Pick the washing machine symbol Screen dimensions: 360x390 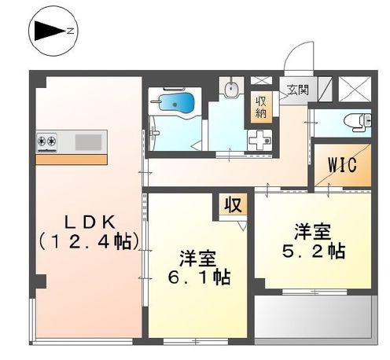point(259,138)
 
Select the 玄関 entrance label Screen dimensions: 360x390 point(297,89)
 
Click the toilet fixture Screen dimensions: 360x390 point(355,121)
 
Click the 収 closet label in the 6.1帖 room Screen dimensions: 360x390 point(233,206)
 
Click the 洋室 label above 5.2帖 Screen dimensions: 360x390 point(313,232)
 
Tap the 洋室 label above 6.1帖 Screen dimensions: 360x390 point(197,257)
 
